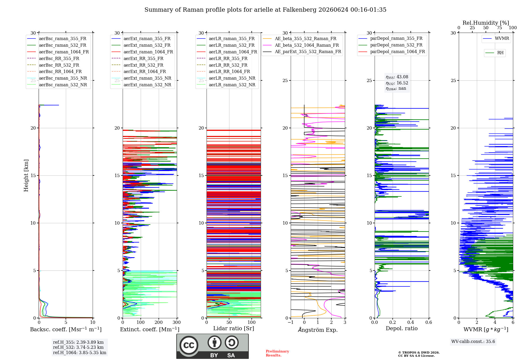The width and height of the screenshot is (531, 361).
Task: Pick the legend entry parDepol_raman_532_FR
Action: pyautogui.click(x=391, y=45)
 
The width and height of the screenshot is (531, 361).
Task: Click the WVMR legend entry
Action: pyautogui.click(x=496, y=38)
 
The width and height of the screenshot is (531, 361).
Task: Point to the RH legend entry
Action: pyautogui.click(x=495, y=53)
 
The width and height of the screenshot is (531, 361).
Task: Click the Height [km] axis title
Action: pyautogui.click(x=26, y=175)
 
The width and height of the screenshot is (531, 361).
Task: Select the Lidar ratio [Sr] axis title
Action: pyautogui.click(x=234, y=328)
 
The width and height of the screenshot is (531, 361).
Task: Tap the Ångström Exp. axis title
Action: pyautogui.click(x=318, y=330)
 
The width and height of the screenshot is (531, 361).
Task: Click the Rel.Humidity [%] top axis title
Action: pyautogui.click(x=486, y=23)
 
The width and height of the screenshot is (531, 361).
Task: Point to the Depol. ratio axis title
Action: pyautogui.click(x=402, y=328)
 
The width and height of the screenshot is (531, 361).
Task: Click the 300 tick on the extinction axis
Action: pyautogui.click(x=177, y=322)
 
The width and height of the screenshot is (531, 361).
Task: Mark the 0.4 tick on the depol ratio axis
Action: pyautogui.click(x=411, y=322)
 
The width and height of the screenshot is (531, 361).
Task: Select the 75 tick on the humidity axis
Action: pyautogui.click(x=499, y=28)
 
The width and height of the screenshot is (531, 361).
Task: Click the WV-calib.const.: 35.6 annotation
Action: pyautogui.click(x=473, y=341)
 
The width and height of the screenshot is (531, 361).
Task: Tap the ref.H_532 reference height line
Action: pyautogui.click(x=78, y=347)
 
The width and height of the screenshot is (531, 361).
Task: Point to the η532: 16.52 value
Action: pyautogui.click(x=397, y=83)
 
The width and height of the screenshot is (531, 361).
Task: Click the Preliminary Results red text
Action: pyautogui.click(x=277, y=353)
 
